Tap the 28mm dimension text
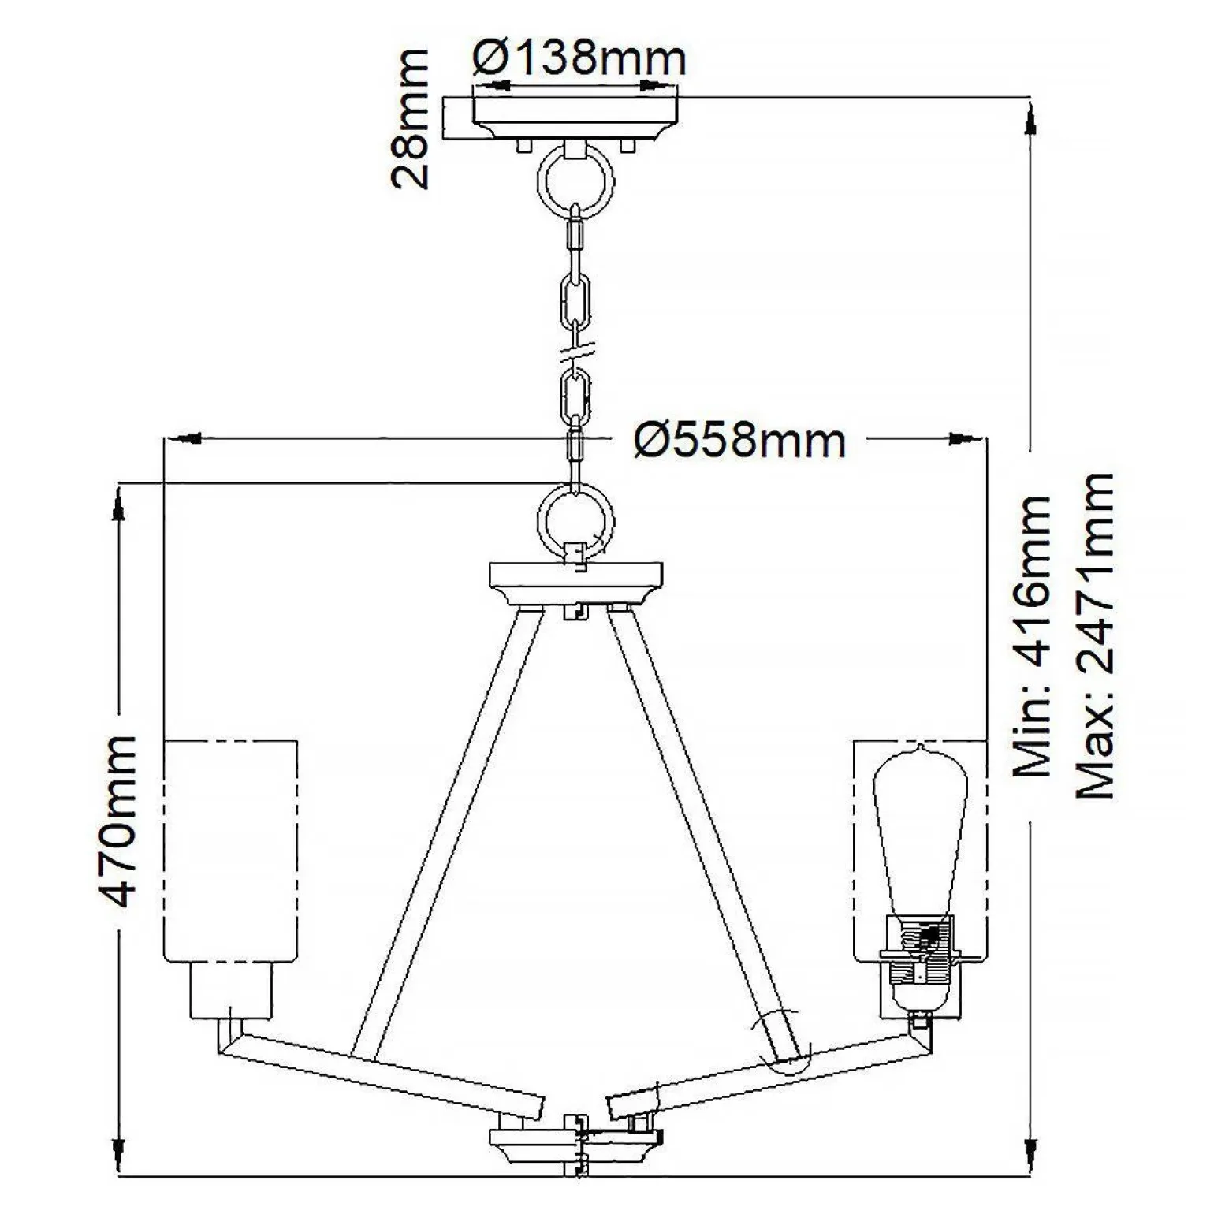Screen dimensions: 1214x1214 click(411, 119)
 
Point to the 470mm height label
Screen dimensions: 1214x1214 click(121, 821)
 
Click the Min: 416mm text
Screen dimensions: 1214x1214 click(1031, 638)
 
